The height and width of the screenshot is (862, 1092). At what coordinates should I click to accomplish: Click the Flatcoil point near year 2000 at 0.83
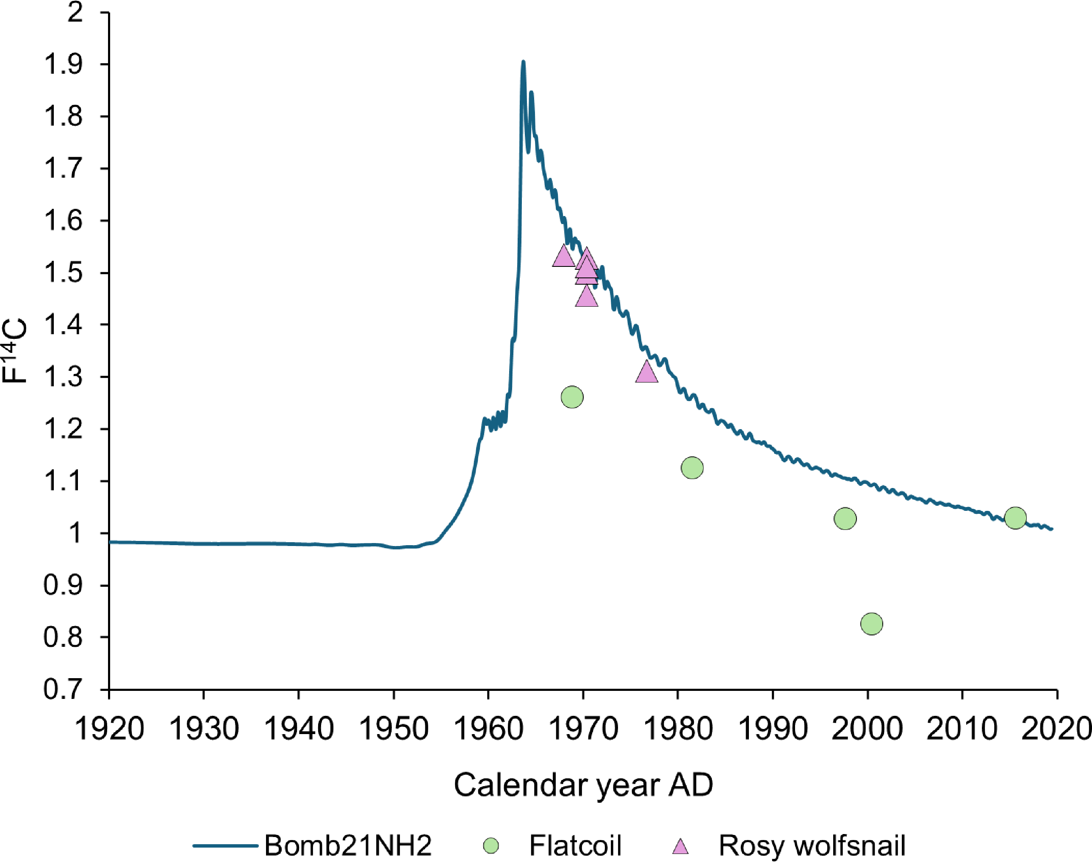tap(871, 624)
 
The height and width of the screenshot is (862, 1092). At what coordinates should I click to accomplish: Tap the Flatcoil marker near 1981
tap(692, 467)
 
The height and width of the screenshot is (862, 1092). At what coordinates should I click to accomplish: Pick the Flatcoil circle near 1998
tap(845, 518)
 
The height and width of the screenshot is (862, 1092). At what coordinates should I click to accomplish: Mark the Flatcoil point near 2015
tap(1015, 517)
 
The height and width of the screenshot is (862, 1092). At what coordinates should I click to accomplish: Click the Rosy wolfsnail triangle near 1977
tap(646, 373)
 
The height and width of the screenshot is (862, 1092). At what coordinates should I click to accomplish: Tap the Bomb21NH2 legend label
tap(348, 845)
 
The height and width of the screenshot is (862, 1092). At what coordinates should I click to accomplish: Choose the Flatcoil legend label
tap(575, 845)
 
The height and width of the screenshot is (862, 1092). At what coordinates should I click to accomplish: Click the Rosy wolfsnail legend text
tap(812, 845)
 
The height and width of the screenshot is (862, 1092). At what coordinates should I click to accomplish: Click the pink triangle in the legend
tap(681, 846)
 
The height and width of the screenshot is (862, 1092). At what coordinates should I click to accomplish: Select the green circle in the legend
tap(491, 845)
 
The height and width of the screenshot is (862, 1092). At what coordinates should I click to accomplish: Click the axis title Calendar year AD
tap(583, 785)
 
